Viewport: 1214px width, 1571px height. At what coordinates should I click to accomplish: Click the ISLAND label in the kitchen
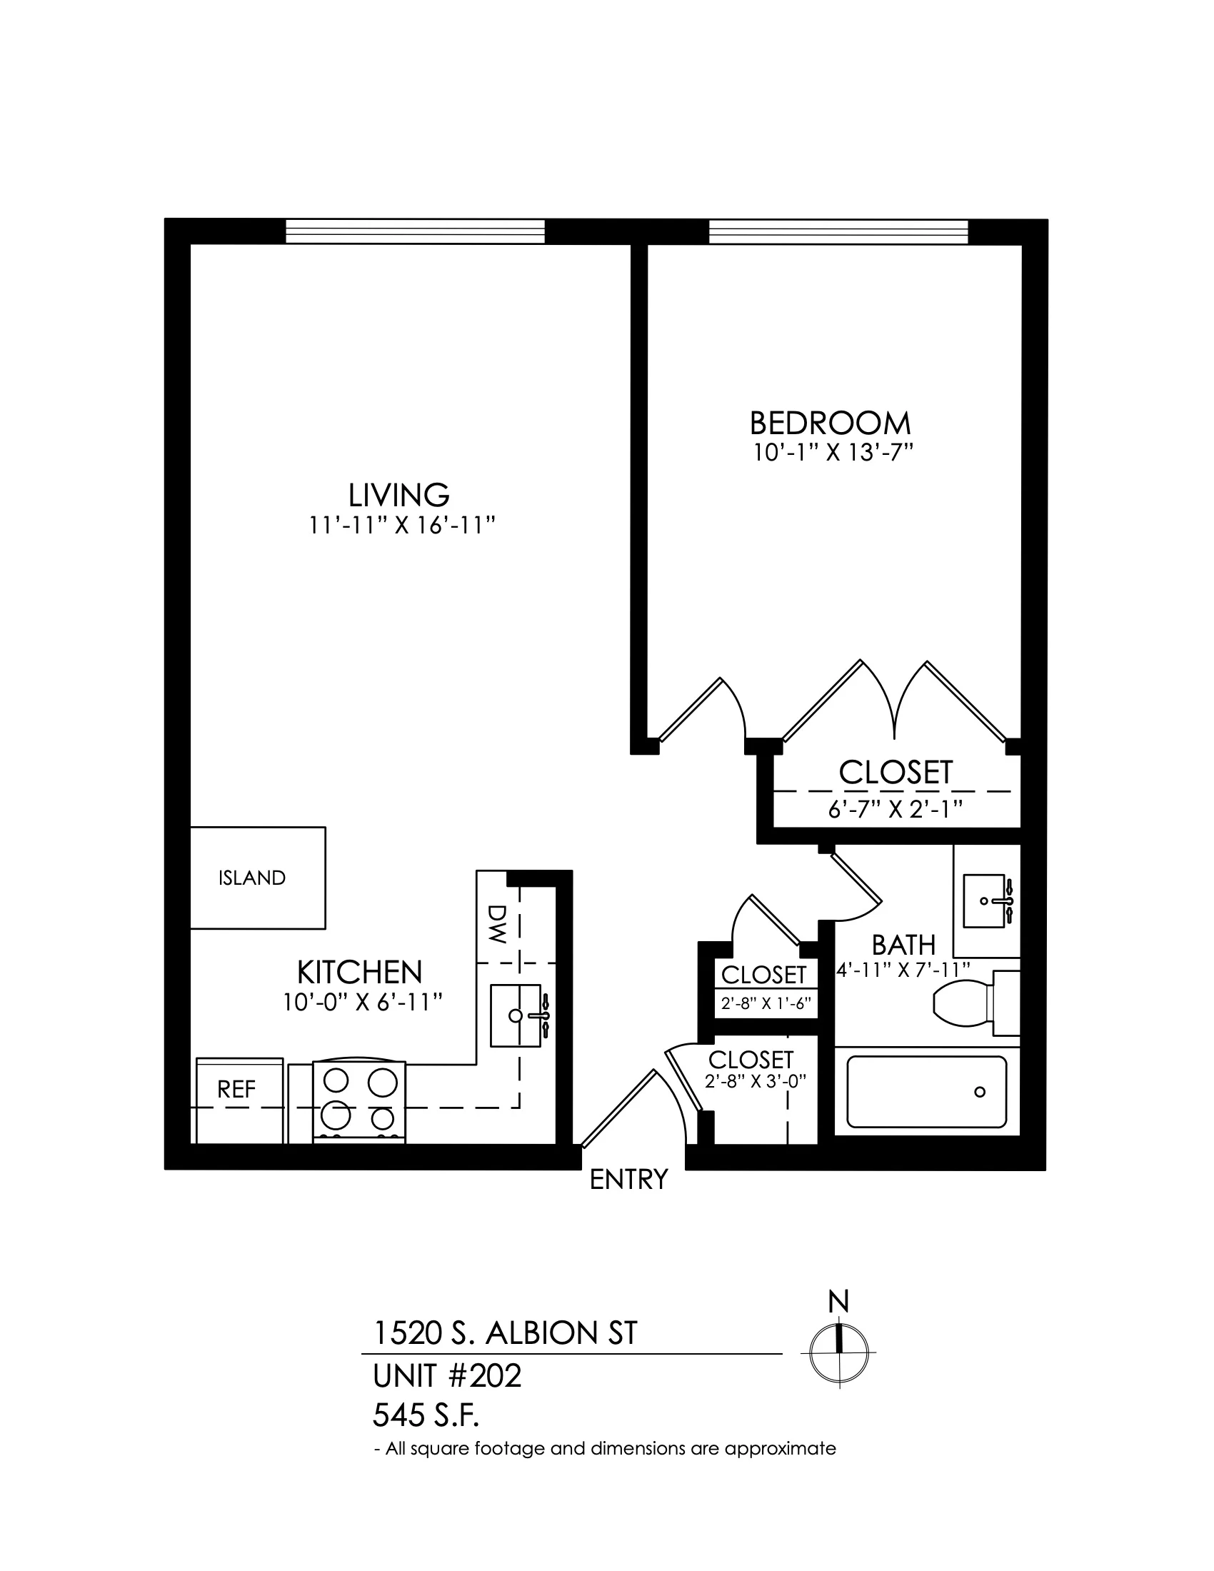[x=251, y=878]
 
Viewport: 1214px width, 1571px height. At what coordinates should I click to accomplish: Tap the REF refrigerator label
[x=236, y=1089]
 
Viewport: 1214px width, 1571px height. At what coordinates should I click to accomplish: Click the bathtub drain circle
[x=980, y=1092]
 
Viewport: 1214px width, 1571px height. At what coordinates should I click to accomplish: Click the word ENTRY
[x=628, y=1180]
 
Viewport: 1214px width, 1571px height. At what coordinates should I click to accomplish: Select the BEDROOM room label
[x=830, y=423]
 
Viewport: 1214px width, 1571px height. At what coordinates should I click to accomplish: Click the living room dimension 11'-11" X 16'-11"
[x=403, y=526]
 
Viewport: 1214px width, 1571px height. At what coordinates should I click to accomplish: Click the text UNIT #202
[x=446, y=1376]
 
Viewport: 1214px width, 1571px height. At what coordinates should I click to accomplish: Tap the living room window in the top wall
[x=415, y=231]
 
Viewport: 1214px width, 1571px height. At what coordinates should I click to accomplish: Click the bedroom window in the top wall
[x=838, y=231]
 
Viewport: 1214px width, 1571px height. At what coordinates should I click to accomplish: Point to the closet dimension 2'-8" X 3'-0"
[x=756, y=1081]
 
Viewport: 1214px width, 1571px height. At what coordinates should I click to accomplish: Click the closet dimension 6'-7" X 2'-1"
[x=896, y=810]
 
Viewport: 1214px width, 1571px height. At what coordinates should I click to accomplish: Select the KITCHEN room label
[x=360, y=973]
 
